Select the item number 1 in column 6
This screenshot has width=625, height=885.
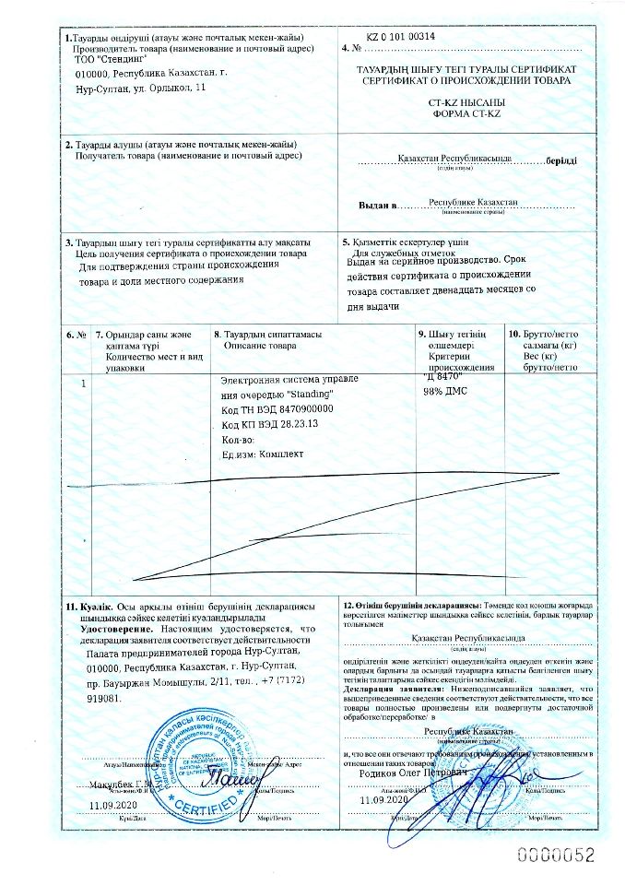[84, 382]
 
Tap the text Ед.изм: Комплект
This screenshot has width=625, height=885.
[262, 454]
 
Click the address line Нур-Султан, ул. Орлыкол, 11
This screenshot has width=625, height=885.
[141, 88]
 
